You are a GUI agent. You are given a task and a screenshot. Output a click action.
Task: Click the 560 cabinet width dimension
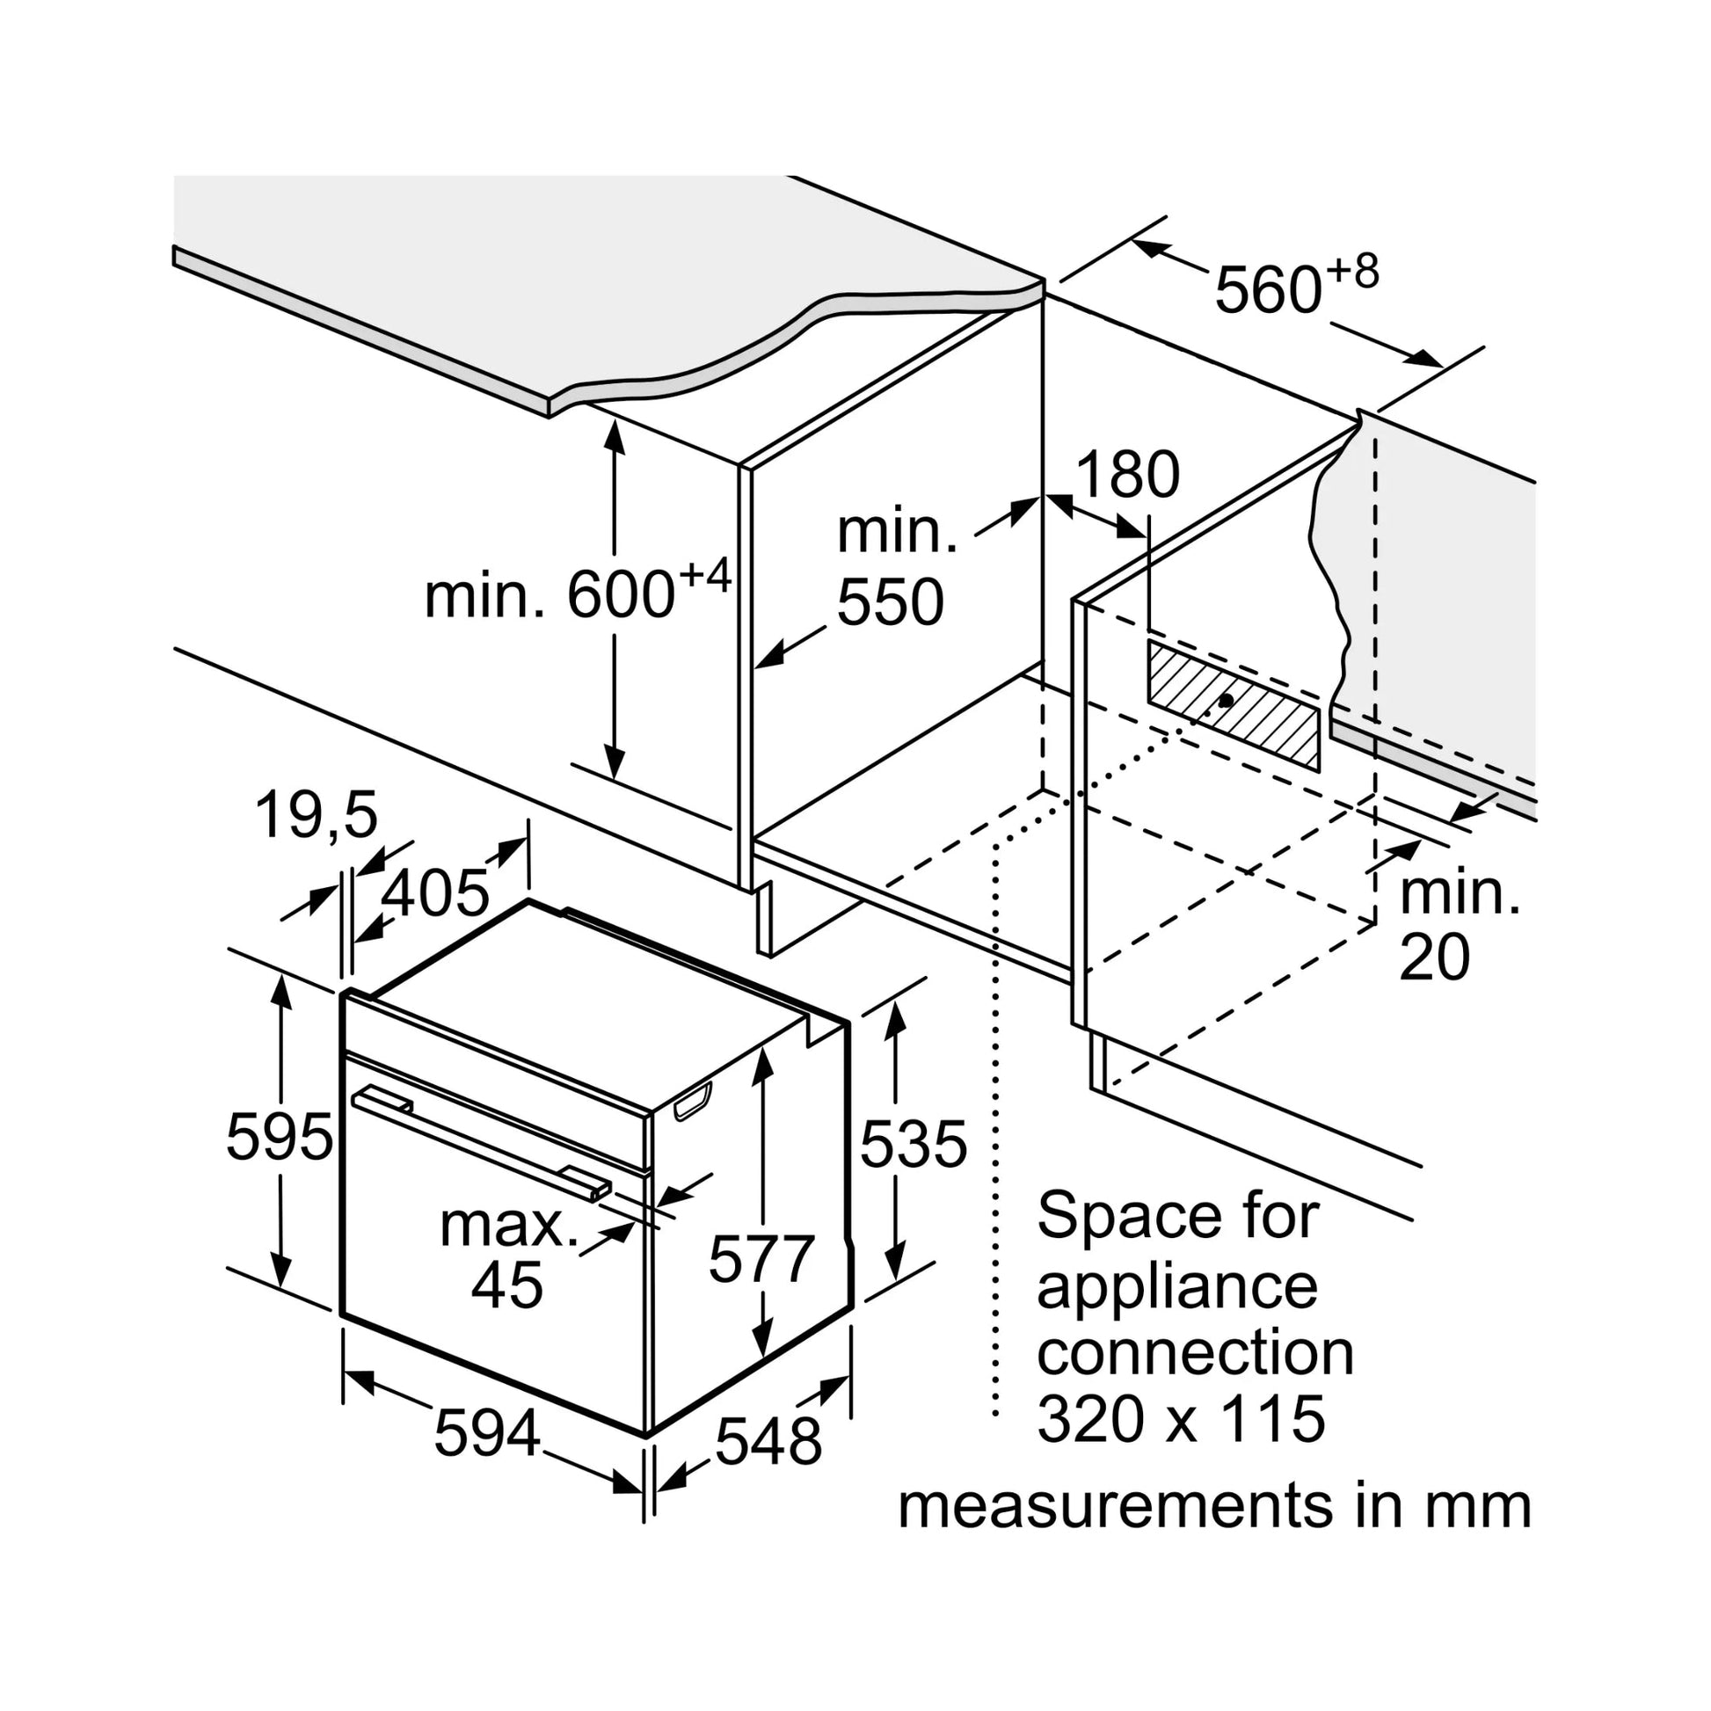1268,290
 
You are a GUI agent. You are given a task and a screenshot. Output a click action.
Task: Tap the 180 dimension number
1127,476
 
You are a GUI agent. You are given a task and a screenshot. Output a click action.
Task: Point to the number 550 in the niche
890,603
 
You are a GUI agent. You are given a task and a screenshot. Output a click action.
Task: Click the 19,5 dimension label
317,815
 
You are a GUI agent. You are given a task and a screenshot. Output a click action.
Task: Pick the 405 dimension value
435,892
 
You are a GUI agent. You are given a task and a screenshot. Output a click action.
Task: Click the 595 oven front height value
279,1136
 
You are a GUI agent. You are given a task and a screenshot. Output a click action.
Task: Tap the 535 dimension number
913,1143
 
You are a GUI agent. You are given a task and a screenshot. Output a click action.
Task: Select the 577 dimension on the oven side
761,1259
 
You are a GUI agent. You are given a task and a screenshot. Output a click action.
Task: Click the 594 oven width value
486,1433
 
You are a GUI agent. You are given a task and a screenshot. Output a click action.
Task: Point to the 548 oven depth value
768,1442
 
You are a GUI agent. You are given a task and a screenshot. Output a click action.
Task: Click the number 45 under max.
506,1285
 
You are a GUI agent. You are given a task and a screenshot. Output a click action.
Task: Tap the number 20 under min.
1434,957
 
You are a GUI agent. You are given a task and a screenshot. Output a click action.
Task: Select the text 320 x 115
1181,1420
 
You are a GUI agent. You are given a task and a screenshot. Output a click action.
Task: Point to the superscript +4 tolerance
706,577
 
